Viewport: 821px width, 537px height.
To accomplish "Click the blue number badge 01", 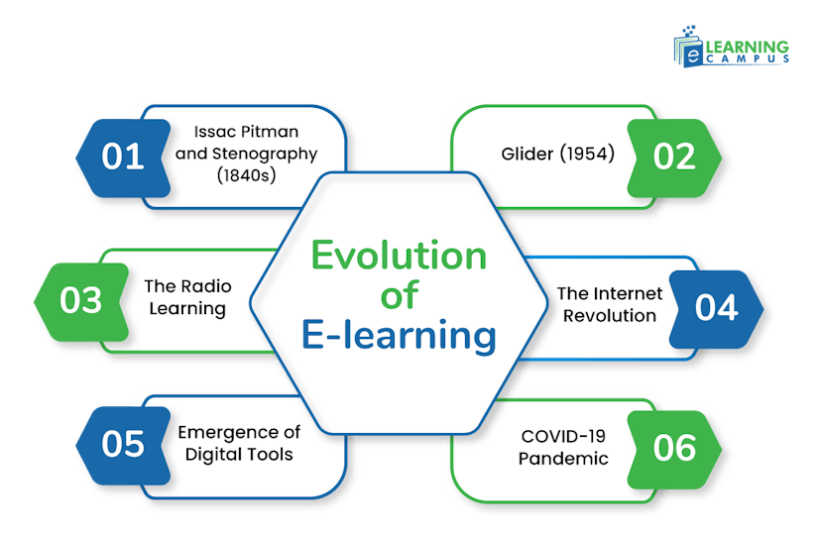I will (x=123, y=158).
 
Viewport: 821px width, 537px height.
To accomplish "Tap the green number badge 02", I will (x=675, y=158).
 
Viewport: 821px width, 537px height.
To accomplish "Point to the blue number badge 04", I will (x=716, y=307).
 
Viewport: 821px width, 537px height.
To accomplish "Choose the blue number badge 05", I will (x=123, y=445).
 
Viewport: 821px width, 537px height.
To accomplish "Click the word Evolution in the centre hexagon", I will (x=400, y=256).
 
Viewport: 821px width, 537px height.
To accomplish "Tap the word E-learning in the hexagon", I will (x=399, y=336).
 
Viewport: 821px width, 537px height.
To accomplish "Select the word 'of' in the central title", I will (x=399, y=295).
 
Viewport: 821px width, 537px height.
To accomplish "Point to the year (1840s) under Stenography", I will (x=244, y=175).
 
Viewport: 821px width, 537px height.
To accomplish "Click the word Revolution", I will (x=607, y=315).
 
